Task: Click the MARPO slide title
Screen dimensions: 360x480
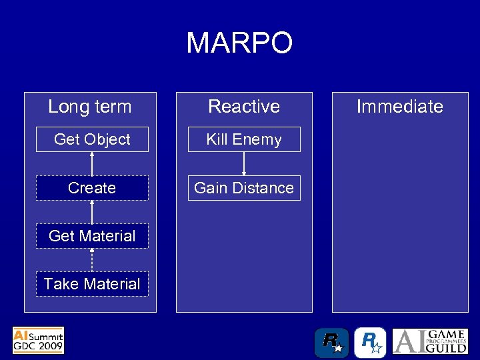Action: point(239,43)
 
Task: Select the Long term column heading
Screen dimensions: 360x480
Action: point(90,107)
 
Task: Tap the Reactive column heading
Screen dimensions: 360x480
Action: point(244,107)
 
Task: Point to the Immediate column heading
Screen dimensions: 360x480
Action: point(399,107)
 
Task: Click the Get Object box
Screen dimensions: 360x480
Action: point(92,139)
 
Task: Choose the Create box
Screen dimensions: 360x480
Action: point(92,188)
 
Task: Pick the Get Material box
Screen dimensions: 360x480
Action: point(92,236)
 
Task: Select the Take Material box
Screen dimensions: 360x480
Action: point(92,284)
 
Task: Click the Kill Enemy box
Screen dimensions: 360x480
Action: point(244,139)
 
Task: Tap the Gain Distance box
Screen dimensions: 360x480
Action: point(244,188)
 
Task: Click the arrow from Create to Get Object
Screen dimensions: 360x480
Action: point(92,164)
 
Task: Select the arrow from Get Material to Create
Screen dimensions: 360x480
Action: point(92,212)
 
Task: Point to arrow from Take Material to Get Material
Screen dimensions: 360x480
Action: point(92,260)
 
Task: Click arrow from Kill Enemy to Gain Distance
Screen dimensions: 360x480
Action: point(244,164)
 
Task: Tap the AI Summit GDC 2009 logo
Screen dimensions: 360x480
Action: point(38,340)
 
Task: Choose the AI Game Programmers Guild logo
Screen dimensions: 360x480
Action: point(429,341)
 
